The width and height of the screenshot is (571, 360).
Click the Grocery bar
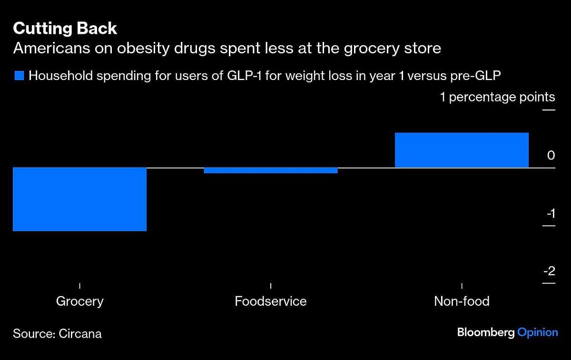pyautogui.click(x=79, y=199)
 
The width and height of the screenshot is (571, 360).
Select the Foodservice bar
pyautogui.click(x=271, y=170)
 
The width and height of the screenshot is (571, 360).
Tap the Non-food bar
pyautogui.click(x=462, y=150)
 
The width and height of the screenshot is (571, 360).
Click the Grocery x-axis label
pyautogui.click(x=79, y=301)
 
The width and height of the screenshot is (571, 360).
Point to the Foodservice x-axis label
pyautogui.click(x=270, y=301)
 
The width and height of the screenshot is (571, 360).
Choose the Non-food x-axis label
pyautogui.click(x=462, y=301)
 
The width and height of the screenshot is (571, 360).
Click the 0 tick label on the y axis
pyautogui.click(x=551, y=155)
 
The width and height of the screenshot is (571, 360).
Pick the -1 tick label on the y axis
pyautogui.click(x=550, y=213)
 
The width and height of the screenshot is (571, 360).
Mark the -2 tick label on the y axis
pyautogui.click(x=550, y=271)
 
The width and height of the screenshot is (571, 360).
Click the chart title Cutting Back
pyautogui.click(x=65, y=29)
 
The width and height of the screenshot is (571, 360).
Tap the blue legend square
pyautogui.click(x=19, y=75)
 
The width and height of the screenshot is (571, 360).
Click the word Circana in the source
pyautogui.click(x=80, y=333)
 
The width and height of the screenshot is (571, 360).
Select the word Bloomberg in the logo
pyautogui.click(x=485, y=332)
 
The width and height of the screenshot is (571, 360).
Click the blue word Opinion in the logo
pyautogui.click(x=538, y=333)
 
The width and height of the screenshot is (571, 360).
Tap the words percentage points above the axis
pyautogui.click(x=502, y=97)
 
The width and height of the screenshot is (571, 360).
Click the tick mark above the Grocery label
pyautogui.click(x=79, y=286)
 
